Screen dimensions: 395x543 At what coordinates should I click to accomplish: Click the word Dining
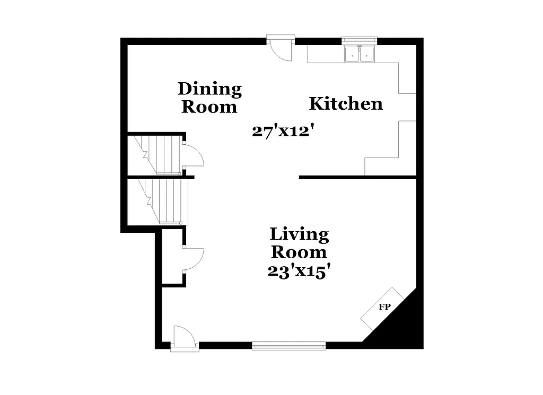coord(209,89)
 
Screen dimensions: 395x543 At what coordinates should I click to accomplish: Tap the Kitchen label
coord(346,103)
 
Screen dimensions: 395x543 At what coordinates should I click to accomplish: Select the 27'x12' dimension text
coord(280,131)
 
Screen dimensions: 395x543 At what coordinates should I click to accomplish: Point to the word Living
coord(299,234)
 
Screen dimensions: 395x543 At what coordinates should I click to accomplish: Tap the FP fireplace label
coord(384,307)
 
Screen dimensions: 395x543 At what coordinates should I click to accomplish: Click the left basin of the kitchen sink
coord(352,54)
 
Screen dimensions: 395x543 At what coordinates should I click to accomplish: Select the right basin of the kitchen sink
coord(367,54)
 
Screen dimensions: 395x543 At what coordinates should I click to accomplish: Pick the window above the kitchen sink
coord(360,40)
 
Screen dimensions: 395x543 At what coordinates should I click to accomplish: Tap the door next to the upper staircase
coord(193,155)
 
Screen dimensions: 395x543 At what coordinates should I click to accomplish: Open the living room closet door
coord(193,259)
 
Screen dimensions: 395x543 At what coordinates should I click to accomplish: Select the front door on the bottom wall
coord(185,340)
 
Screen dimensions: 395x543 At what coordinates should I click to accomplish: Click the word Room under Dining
coord(209,107)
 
